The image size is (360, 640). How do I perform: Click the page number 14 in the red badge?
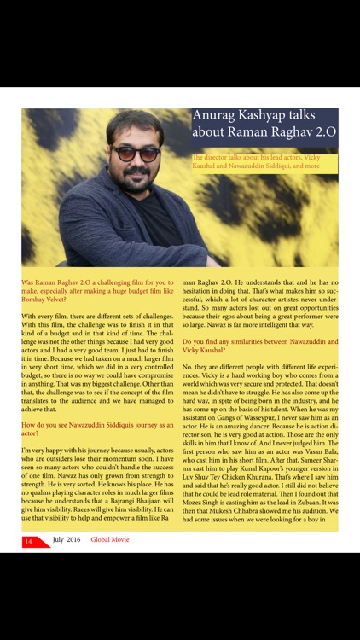click(29, 541)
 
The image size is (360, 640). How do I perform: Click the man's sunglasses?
click(135, 154)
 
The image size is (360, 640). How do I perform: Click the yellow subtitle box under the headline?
click(264, 162)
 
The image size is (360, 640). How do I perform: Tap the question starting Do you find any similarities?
click(260, 346)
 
